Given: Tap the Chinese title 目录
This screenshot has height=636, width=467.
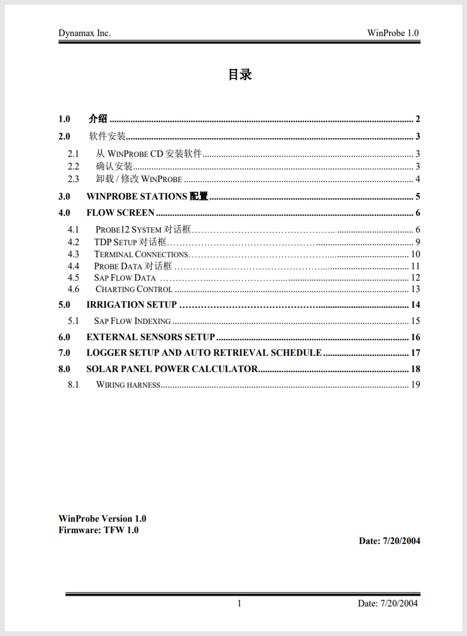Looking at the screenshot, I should tap(240, 75).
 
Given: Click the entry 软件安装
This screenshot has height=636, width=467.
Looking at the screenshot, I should tap(107, 136).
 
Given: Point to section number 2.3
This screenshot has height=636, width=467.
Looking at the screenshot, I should tap(73, 179).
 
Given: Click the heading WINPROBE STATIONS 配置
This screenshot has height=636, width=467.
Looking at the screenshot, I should tap(147, 196).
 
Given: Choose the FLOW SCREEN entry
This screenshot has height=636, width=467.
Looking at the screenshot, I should tap(120, 213).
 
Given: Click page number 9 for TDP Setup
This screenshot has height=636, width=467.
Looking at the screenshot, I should tap(417, 242).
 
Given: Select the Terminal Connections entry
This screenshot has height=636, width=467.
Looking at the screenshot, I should tap(141, 254).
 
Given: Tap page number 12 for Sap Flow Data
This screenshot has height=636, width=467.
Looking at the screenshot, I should tap(415, 278).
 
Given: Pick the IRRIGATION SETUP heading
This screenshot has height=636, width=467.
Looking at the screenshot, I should tap(131, 305).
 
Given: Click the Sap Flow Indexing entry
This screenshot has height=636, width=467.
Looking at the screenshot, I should tap(132, 321).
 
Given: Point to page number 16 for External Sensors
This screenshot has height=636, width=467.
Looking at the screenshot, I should tap(415, 337).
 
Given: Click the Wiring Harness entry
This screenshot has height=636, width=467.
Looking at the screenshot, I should tap(128, 385).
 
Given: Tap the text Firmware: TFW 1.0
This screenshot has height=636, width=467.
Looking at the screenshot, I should tap(98, 530).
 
